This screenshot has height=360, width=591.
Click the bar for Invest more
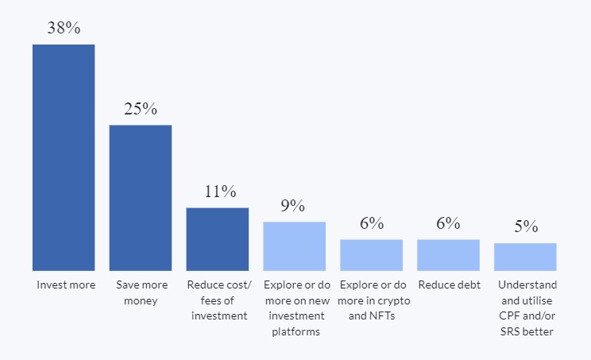[64, 157]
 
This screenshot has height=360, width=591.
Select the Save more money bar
[141, 198]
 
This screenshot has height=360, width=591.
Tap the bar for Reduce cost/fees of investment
[218, 239]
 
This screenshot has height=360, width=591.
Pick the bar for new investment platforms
[295, 246]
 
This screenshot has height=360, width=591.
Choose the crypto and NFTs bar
[371, 255]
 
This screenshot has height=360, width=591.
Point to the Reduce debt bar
[448, 255]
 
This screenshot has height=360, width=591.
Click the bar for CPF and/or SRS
[525, 257]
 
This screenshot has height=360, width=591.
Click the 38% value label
[64, 28]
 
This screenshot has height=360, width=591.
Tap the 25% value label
[141, 109]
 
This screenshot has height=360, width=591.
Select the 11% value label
[220, 192]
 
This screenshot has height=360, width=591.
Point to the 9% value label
[293, 206]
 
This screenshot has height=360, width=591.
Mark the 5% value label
[526, 226]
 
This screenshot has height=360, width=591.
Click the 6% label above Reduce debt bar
[448, 223]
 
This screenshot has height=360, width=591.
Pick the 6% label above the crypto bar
[372, 223]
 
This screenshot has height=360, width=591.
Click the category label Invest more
[66, 285]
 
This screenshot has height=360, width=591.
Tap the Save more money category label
[141, 292]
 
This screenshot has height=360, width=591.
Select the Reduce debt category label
[450, 285]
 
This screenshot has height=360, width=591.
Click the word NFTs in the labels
[382, 315]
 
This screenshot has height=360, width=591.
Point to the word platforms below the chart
[295, 331]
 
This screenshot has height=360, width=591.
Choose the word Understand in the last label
[527, 285]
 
